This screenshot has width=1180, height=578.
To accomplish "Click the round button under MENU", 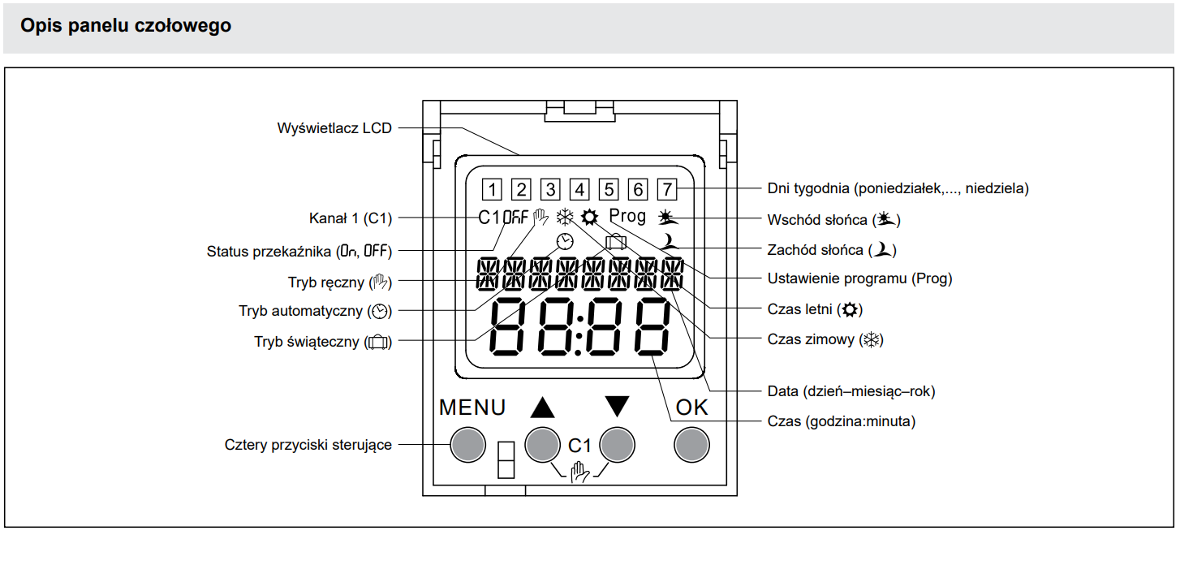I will [467, 444].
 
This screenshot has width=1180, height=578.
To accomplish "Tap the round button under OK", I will [691, 444].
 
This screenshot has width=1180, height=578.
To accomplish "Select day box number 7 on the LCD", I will [666, 189].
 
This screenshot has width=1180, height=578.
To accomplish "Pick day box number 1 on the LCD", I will [491, 189].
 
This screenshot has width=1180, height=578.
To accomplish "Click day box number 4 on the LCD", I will [579, 189].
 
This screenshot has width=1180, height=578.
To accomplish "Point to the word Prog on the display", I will [627, 216].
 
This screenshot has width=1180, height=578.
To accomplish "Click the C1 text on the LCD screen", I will [489, 218].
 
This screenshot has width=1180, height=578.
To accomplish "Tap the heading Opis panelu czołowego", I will [126, 26].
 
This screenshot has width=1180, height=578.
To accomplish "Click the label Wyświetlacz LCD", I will [334, 127].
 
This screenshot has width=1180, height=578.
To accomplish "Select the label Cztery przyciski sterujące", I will [308, 445].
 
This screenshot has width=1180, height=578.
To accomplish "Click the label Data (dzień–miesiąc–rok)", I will [851, 391].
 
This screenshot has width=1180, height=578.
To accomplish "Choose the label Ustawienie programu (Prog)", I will [859, 278].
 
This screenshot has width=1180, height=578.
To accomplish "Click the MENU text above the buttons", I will [472, 408].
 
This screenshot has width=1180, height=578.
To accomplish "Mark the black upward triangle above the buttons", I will [542, 407].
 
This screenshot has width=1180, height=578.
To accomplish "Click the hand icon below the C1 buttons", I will [579, 471].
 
